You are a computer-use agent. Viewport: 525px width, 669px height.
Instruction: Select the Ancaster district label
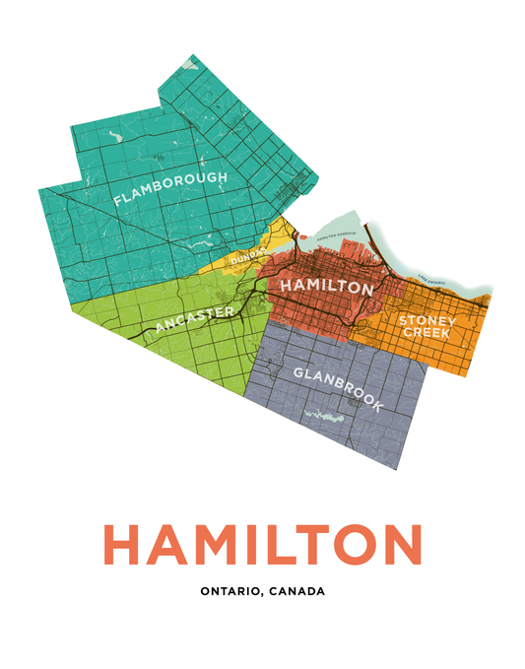point(194,319)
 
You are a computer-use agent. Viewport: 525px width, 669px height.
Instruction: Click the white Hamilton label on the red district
point(327,287)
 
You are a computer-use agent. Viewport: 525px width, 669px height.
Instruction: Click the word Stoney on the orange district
point(427,321)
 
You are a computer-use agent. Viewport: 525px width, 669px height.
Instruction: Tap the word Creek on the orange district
point(427,334)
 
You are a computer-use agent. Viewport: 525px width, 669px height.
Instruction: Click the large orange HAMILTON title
point(262,545)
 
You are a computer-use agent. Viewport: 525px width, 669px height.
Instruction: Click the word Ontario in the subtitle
point(230,592)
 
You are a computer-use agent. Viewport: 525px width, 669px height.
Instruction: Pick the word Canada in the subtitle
point(295,592)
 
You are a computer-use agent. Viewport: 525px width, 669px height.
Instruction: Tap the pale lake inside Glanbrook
point(325,414)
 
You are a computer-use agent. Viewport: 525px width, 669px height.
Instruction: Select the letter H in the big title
point(121,545)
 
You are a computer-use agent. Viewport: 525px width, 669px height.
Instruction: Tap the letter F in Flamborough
point(118,200)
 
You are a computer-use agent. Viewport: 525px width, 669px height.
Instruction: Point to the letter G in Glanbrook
point(298,372)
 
